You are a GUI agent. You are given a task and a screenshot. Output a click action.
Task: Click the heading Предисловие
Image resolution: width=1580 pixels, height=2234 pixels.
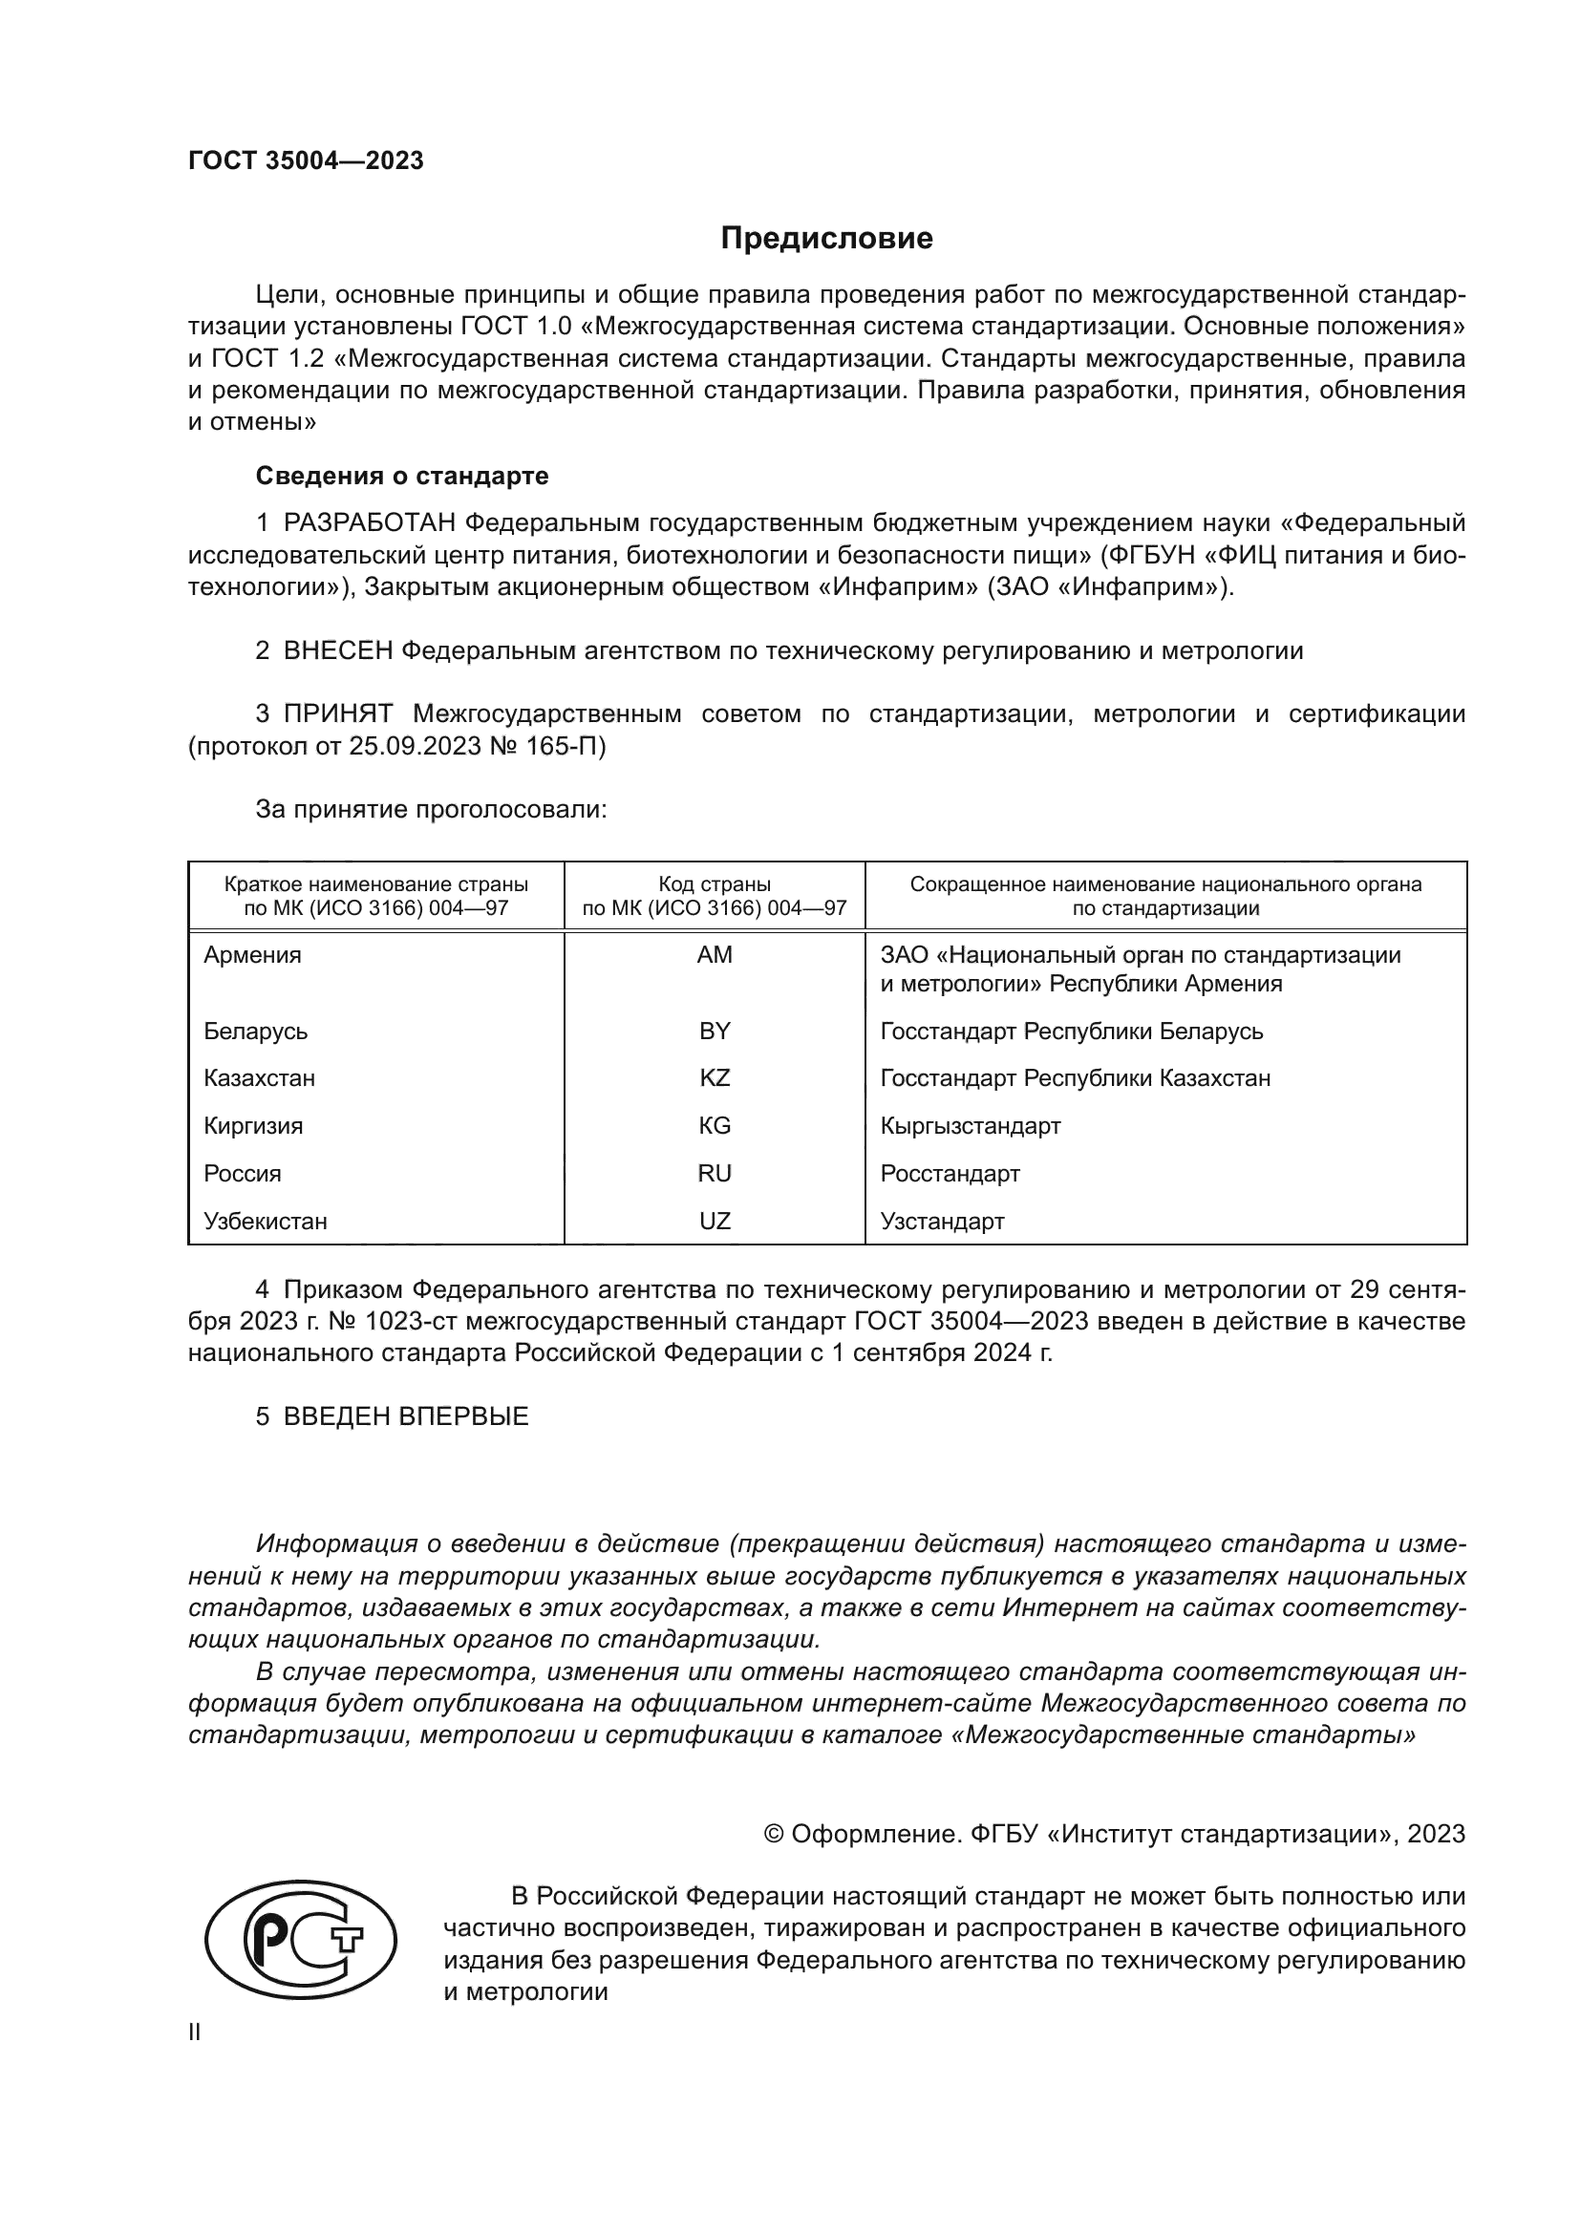826,239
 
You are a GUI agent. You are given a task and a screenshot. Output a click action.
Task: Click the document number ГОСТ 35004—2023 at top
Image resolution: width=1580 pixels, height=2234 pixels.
306,161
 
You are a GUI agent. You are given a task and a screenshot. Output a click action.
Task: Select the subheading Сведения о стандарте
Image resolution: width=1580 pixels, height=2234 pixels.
402,476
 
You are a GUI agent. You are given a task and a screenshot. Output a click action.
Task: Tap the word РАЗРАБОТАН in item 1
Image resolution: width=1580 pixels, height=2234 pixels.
370,523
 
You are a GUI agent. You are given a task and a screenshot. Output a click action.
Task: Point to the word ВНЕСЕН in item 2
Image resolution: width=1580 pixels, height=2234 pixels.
337,651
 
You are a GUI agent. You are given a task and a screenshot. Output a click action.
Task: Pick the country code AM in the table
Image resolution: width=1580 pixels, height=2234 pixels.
715,954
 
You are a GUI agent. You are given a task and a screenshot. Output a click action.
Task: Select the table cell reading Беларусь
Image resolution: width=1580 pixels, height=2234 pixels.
256,1031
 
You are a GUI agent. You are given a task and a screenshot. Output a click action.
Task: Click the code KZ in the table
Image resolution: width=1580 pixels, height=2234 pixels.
715,1078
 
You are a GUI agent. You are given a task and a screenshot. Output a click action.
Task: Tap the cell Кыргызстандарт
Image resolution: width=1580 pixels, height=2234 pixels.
970,1126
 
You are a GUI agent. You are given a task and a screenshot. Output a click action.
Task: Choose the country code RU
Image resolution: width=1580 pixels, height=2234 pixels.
715,1174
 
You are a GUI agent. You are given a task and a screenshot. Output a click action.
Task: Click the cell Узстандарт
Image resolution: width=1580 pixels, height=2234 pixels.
942,1222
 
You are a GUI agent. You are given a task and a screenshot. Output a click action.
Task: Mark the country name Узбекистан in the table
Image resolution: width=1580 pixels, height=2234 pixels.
266,1222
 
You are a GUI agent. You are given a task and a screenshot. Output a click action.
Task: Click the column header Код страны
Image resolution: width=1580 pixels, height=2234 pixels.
715,884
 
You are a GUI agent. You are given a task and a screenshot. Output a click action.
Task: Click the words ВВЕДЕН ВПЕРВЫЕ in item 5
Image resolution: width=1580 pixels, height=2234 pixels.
406,1416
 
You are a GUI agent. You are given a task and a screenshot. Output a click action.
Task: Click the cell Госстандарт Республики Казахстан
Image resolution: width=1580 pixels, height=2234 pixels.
1075,1078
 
